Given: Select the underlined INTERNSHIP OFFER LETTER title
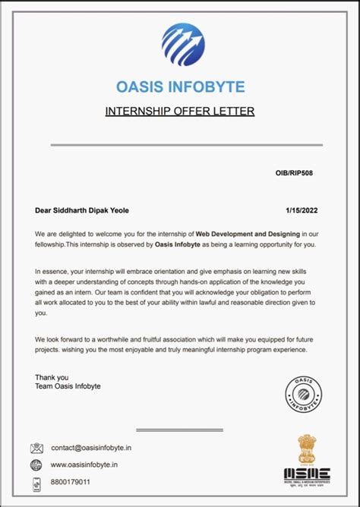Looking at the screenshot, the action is pos(180,112).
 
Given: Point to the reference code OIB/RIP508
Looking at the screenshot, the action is pos(294,174).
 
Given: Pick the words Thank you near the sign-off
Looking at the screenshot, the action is pos(52,376).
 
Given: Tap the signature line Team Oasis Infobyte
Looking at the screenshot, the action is pos(68,386).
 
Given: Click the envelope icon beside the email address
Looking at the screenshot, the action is pos(36,449).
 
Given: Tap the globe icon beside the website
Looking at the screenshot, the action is pos(36,464).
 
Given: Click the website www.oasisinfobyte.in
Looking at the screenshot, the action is pos(84,464).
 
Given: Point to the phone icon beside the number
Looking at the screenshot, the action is pos(36,482).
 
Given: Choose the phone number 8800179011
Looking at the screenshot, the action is pos(71,482).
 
